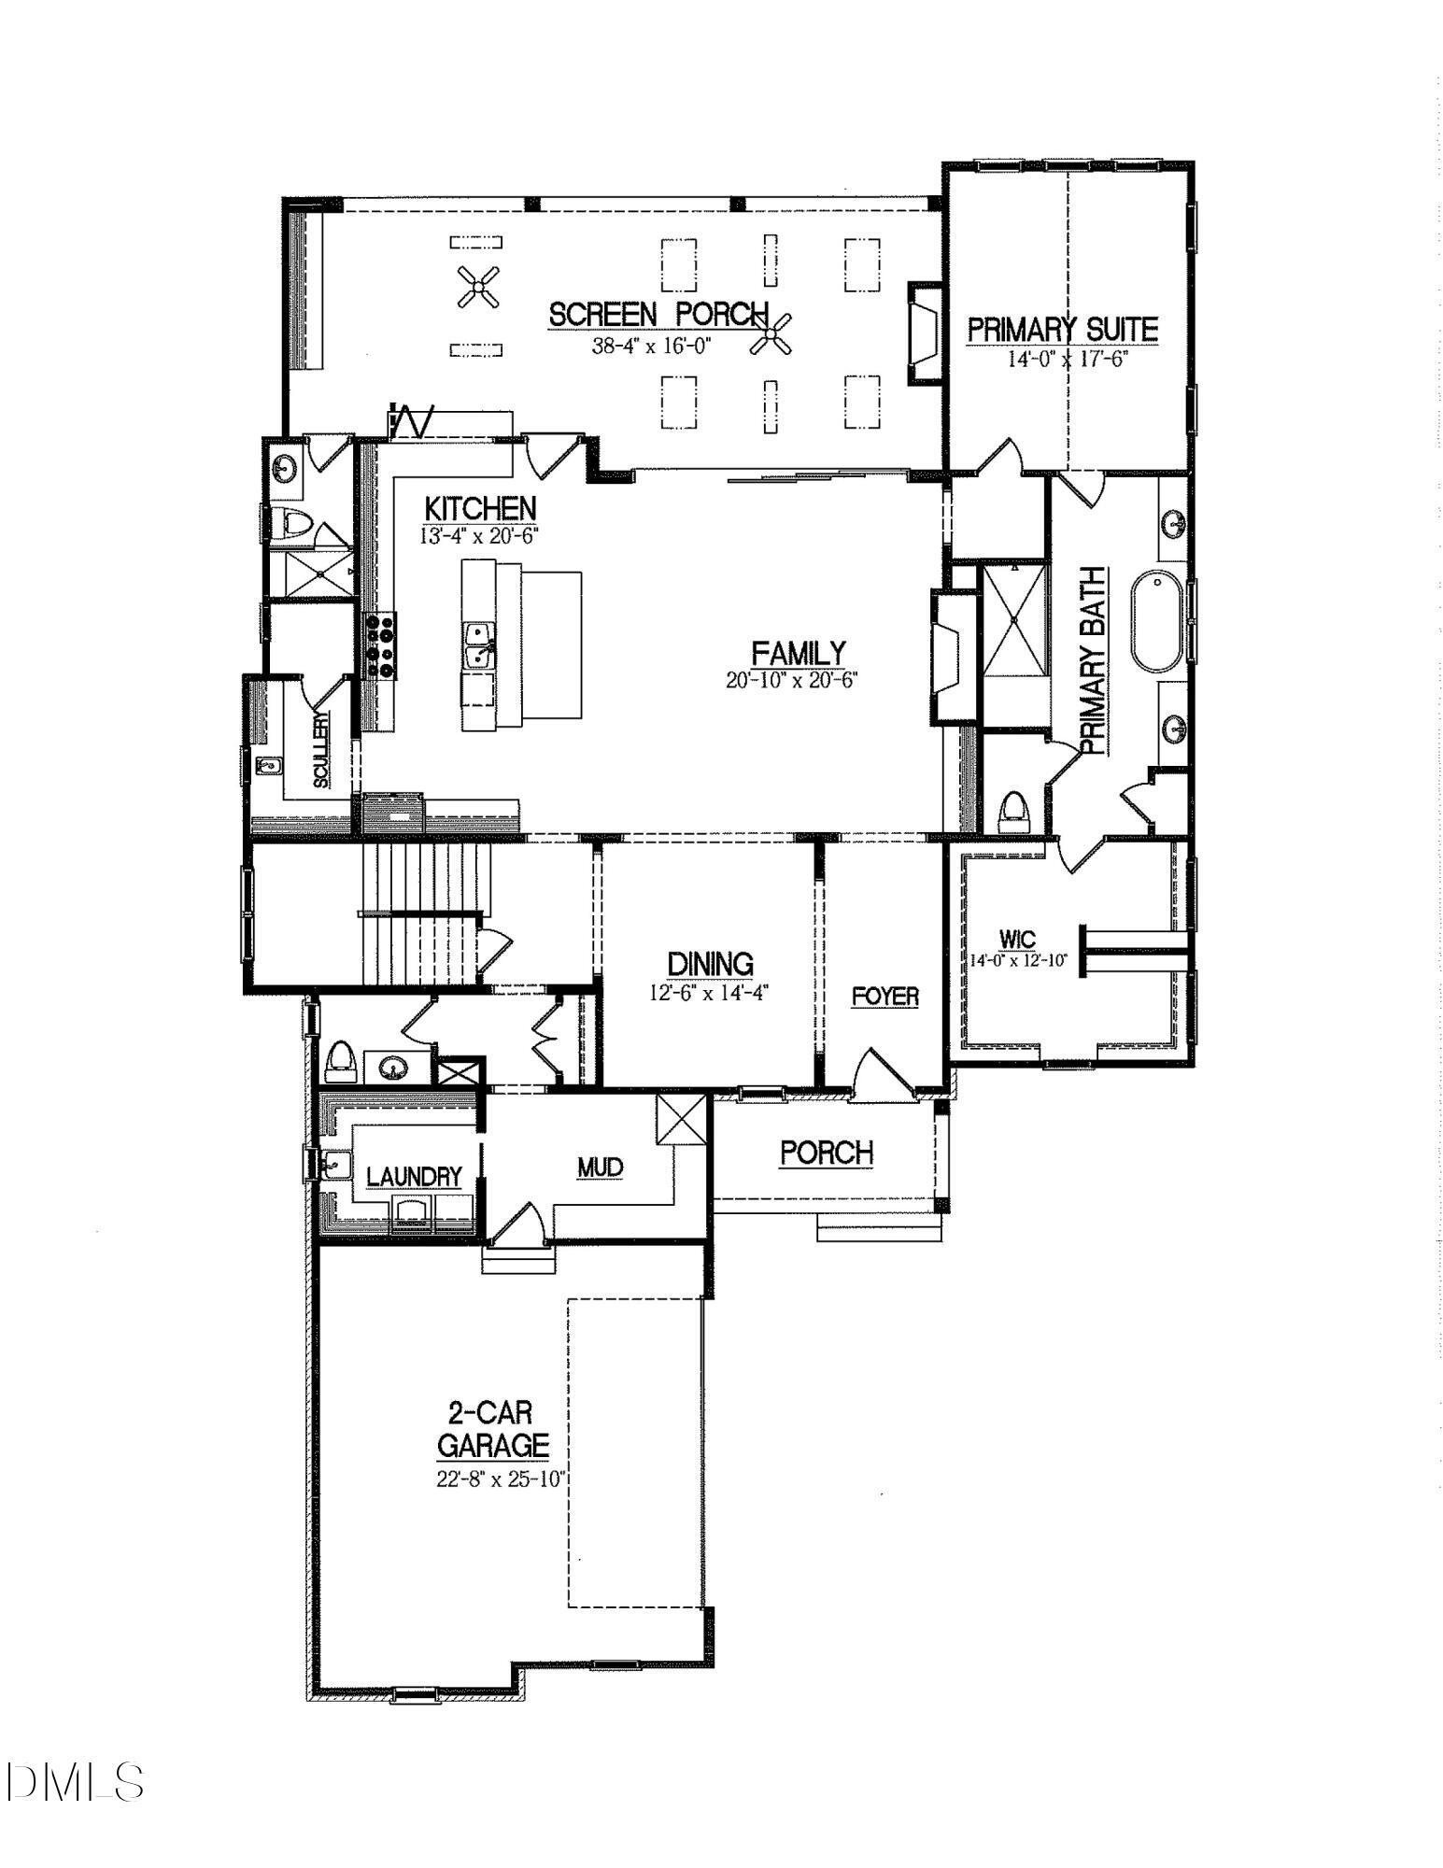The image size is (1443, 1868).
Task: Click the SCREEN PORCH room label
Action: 658,315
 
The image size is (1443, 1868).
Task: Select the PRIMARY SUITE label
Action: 1063,330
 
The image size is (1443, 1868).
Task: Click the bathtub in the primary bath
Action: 1158,621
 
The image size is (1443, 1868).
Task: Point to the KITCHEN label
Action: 480,509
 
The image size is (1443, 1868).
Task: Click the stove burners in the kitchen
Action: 380,644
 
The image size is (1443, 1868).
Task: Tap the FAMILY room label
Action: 799,652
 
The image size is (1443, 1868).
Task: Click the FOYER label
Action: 884,997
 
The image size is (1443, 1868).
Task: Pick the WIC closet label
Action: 1016,939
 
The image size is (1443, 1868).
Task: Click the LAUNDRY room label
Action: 414,1177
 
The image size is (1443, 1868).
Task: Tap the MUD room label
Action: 600,1167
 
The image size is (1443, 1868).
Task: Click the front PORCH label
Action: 827,1153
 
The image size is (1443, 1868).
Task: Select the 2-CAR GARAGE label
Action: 493,1428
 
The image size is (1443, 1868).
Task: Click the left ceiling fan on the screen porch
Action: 479,288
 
